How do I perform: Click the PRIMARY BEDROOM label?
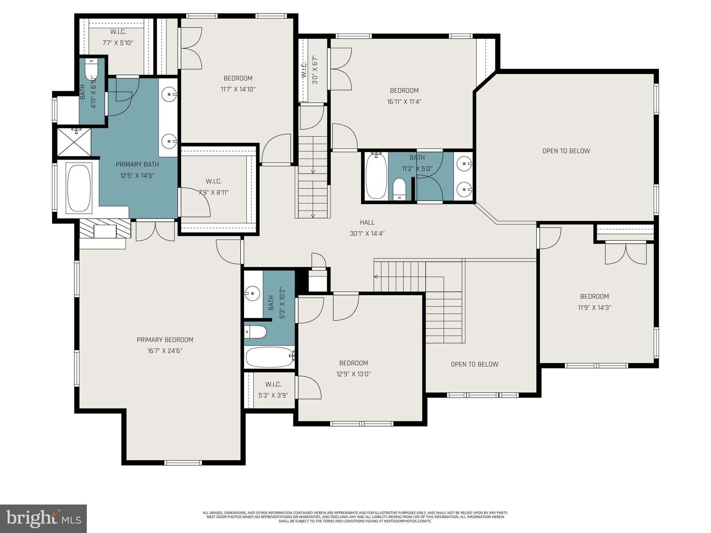click(165, 340)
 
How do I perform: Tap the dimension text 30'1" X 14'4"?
click(367, 234)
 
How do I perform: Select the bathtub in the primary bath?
click(79, 188)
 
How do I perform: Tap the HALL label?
click(367, 222)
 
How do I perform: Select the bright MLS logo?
click(43, 518)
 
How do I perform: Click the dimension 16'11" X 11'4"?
click(404, 102)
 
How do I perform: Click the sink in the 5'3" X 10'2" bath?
click(252, 294)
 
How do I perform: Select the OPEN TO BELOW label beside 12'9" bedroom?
click(474, 364)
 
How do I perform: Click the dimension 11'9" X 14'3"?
click(594, 307)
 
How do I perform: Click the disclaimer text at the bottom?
click(355, 516)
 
